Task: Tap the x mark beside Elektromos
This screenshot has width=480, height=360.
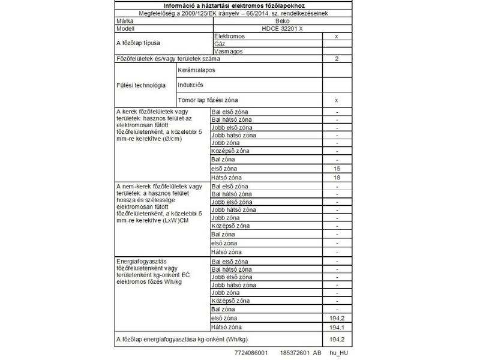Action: (337, 36)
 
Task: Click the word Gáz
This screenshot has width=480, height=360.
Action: (219, 44)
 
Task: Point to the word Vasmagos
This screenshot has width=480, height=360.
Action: (227, 52)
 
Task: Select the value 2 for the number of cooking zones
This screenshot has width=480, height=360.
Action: (337, 59)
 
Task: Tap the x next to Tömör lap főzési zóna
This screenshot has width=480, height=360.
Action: (337, 100)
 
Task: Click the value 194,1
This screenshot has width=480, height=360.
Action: (337, 327)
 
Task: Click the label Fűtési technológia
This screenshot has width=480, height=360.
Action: (142, 85)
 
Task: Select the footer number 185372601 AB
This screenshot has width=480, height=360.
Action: (304, 353)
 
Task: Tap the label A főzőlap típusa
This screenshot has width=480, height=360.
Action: (138, 44)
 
